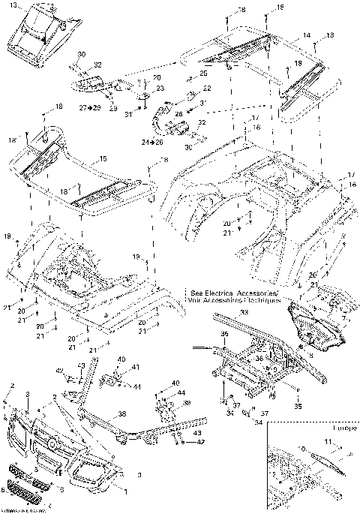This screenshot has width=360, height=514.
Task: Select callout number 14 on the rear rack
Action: tap(307, 35)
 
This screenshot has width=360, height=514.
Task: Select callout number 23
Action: tap(158, 89)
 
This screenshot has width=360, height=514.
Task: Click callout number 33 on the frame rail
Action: tap(243, 311)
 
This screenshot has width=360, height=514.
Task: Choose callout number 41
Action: tap(136, 367)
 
